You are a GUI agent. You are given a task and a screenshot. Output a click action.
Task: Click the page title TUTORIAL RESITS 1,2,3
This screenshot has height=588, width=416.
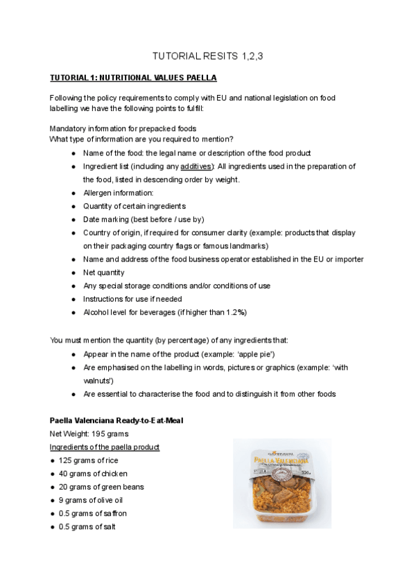[207, 56]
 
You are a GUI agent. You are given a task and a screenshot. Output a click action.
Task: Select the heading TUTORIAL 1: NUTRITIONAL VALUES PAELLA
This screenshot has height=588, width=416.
[132, 77]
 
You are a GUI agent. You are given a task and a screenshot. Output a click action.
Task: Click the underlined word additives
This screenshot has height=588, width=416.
[197, 166]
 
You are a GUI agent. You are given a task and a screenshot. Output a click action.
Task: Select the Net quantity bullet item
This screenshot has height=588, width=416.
[103, 273]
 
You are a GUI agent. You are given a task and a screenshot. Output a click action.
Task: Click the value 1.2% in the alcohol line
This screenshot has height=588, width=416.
[235, 312]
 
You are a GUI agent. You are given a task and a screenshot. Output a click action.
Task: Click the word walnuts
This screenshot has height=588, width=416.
[96, 381]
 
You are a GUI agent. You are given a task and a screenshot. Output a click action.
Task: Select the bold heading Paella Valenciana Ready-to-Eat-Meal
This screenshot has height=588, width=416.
[116, 421]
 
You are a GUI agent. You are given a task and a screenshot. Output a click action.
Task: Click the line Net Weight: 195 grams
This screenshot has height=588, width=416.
[86, 434]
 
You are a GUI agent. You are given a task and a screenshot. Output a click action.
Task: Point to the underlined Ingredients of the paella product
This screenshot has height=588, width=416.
[105, 447]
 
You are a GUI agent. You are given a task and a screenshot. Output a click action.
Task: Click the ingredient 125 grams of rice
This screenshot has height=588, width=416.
[85, 460]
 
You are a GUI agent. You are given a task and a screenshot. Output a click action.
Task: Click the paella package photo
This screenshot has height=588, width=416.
[281, 483]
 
